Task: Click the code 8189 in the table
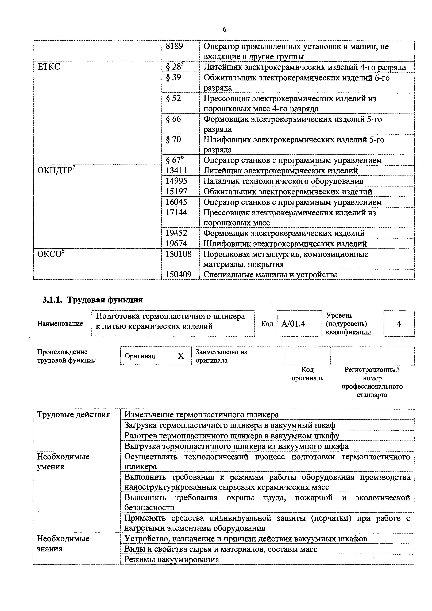[x=174, y=46]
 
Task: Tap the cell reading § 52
[x=173, y=98]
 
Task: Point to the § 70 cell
[x=173, y=139]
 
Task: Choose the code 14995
[x=176, y=181]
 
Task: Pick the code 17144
[x=176, y=212]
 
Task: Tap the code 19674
[x=176, y=243]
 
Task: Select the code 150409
[x=178, y=274]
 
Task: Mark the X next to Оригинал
[x=181, y=356]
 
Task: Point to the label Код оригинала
[x=307, y=374]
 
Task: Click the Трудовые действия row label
[x=74, y=415]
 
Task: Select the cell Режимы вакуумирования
[x=172, y=559]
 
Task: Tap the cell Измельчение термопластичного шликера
[x=202, y=415]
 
